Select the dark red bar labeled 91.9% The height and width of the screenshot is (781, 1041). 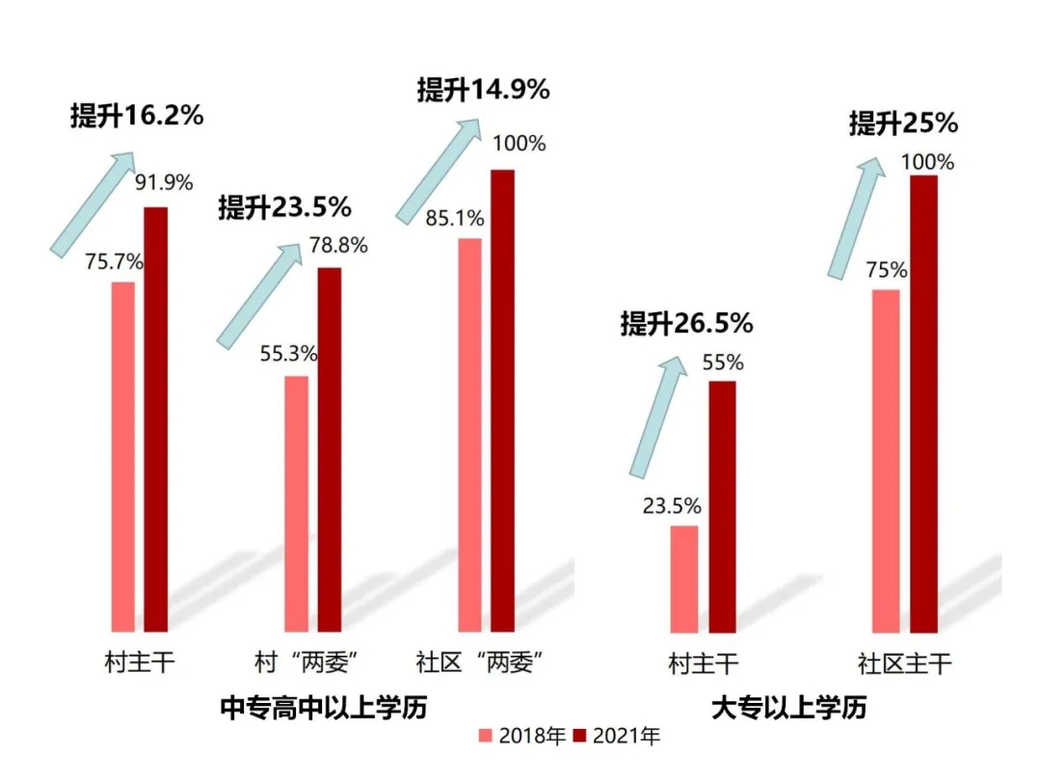(155, 419)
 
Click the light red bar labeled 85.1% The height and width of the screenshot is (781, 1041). (469, 435)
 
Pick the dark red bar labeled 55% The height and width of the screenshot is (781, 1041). (722, 507)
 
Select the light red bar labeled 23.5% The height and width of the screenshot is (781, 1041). (683, 579)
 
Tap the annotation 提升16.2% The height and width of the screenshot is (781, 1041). (137, 116)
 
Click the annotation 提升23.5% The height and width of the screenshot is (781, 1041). (284, 206)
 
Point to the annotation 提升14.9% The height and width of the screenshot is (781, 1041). (483, 90)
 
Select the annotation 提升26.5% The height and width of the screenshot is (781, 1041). (686, 324)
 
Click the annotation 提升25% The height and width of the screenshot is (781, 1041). (903, 123)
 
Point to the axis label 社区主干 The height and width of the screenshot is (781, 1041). (904, 663)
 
